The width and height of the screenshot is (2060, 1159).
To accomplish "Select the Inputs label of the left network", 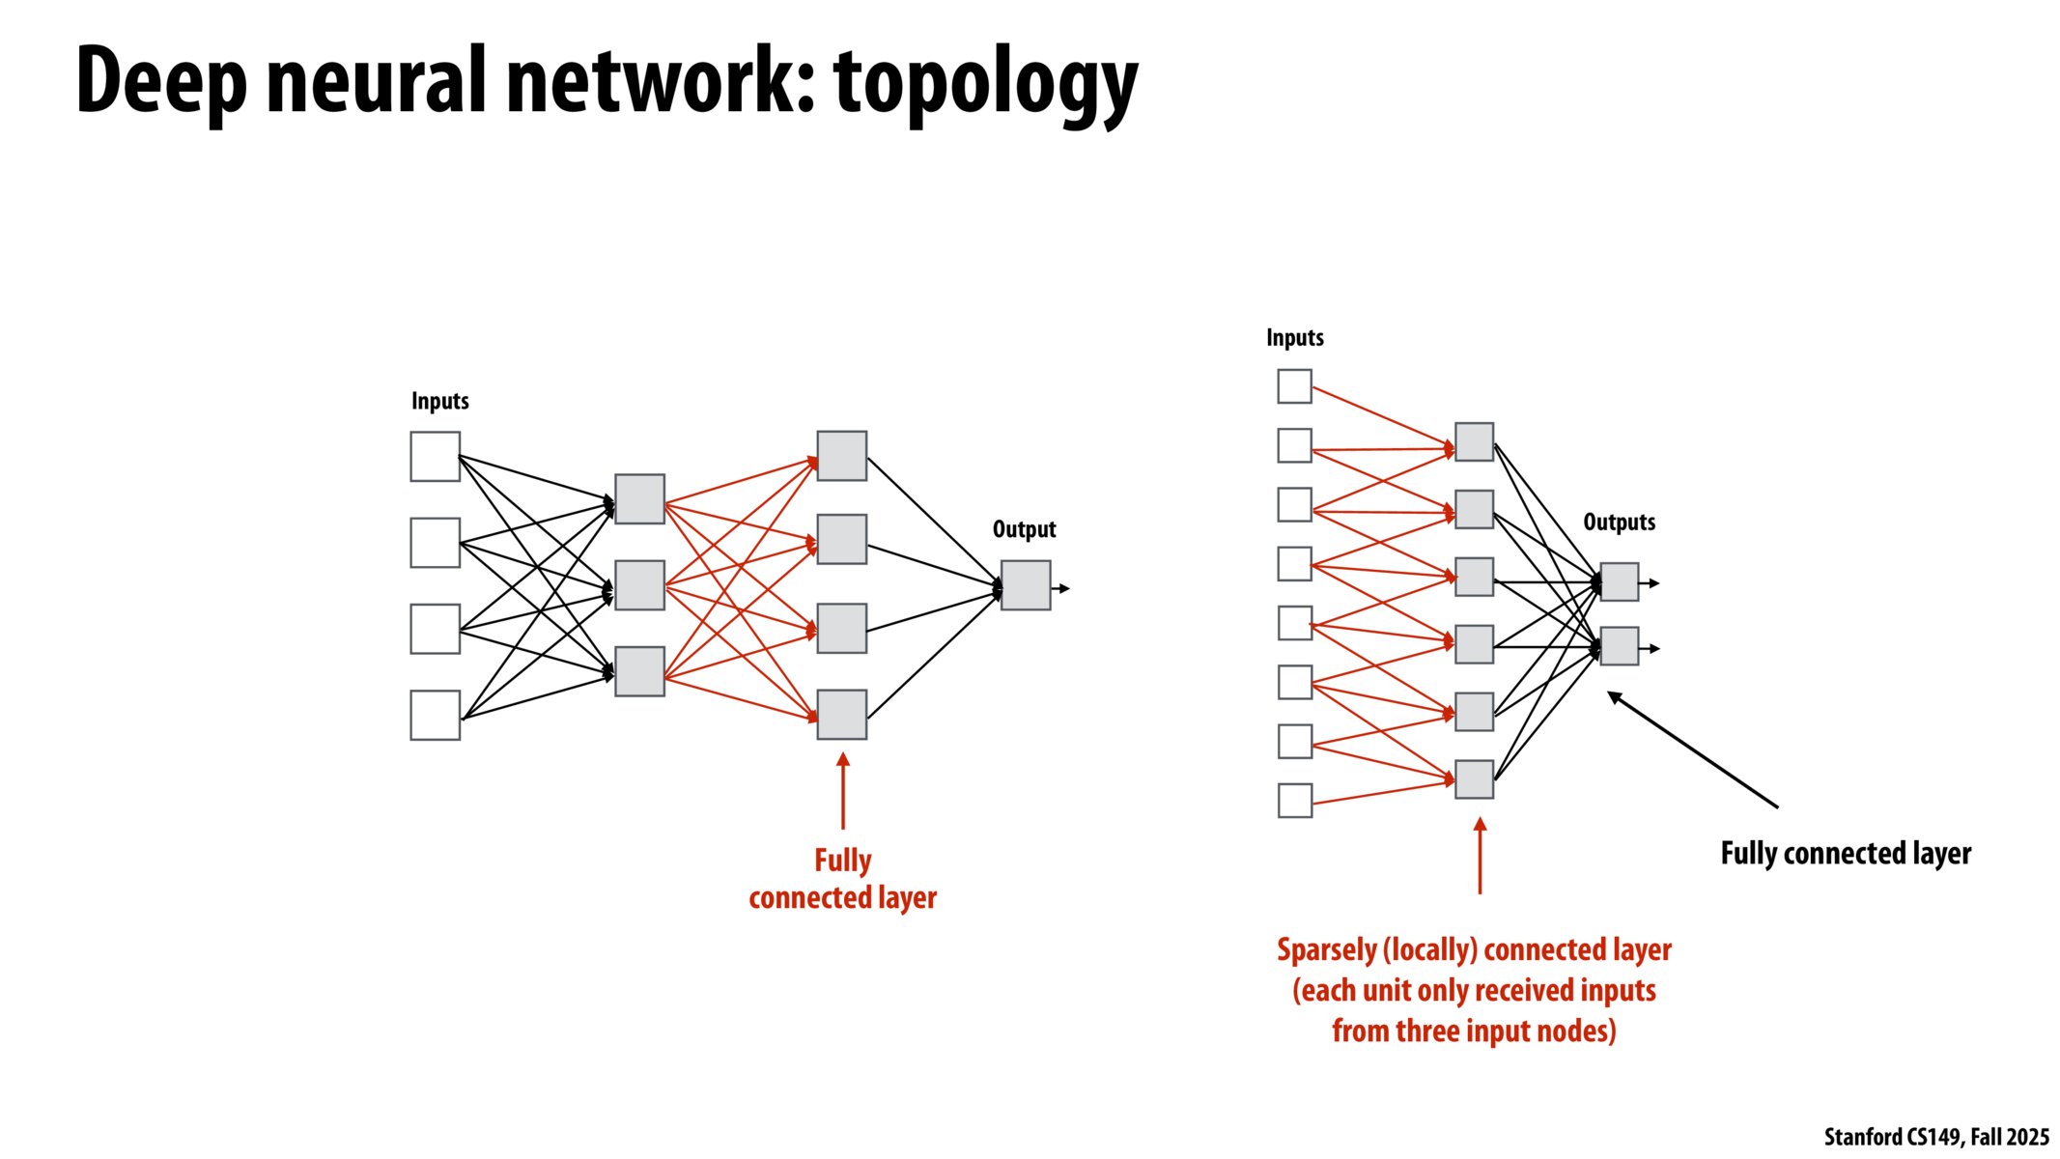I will tap(439, 401).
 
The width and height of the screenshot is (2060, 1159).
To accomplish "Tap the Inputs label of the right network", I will tap(1294, 338).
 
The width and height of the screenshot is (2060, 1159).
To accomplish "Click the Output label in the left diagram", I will tap(1024, 529).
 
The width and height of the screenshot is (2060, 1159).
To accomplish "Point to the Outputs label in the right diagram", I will tap(1619, 523).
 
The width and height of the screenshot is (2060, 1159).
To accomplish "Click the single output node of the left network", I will tap(1025, 585).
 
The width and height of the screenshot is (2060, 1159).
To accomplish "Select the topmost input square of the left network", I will tap(435, 457).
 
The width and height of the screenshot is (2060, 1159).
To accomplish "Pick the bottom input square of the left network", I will tap(435, 715).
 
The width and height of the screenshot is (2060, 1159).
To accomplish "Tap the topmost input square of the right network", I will tap(1294, 386).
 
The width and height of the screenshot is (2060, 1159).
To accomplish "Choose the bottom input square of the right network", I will tap(1294, 801).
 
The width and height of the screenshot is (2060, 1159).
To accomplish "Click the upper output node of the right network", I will tap(1619, 582).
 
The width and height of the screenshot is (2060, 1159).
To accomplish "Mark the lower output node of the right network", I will tap(1619, 646).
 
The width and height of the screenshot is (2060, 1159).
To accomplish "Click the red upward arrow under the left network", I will tap(843, 792).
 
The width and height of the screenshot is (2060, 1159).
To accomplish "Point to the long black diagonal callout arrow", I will tap(1692, 749).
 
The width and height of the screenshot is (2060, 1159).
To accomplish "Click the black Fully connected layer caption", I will tap(1845, 854).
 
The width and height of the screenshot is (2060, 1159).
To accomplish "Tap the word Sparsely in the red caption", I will tap(1326, 950).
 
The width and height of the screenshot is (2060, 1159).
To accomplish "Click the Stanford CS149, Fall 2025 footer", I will tap(1935, 1137).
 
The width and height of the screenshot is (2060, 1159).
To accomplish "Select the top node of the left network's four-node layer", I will tap(841, 456).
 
